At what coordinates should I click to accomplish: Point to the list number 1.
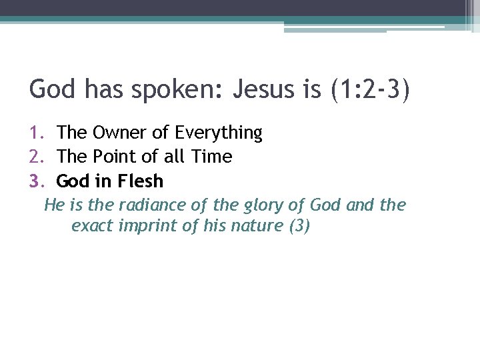click(x=37, y=133)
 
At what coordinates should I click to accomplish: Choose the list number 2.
click(x=37, y=157)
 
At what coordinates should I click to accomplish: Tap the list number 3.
click(x=37, y=181)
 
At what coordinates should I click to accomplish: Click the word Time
click(x=210, y=157)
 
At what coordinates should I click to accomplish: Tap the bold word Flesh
click(x=140, y=181)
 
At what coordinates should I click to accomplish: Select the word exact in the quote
click(x=92, y=226)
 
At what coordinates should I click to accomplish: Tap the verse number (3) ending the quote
click(x=299, y=226)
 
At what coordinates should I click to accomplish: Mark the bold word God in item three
click(x=72, y=181)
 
